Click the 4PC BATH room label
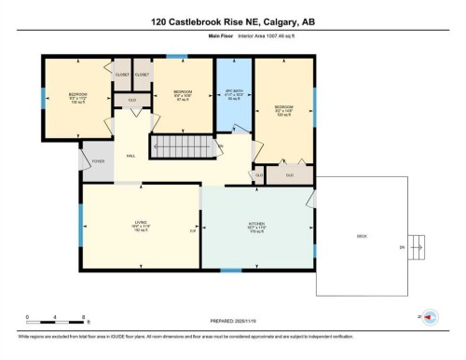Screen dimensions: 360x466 235,95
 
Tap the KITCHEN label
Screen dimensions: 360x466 258,225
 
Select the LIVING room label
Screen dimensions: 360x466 140,224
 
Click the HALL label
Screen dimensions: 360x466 130,155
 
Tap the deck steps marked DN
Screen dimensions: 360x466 402,248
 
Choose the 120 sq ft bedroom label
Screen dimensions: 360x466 283,109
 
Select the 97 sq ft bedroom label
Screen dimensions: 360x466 183,95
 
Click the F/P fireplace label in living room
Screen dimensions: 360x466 193,230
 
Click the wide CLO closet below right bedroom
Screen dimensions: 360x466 290,174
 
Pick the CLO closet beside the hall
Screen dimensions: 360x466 132,98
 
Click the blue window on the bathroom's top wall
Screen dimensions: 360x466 234,58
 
